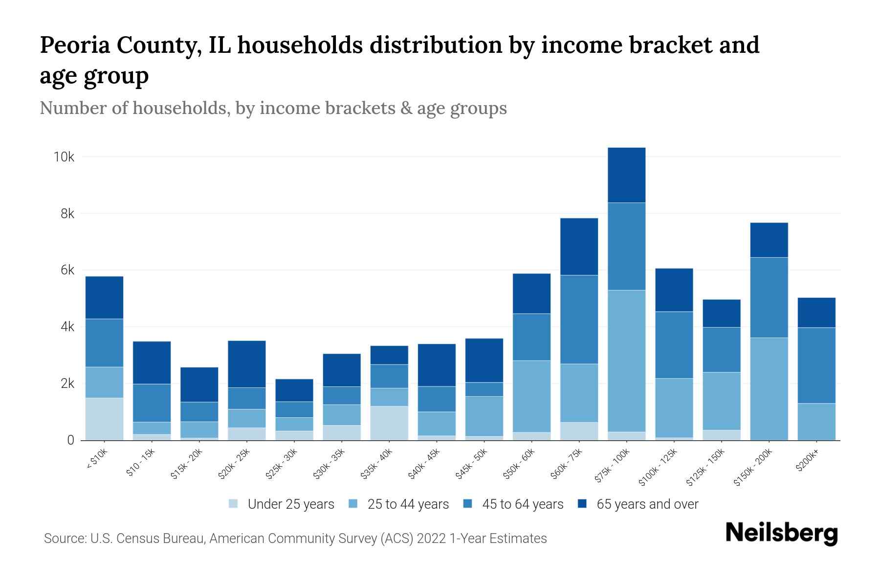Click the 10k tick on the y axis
click(64, 157)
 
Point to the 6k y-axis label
click(67, 271)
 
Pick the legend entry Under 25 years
click(291, 504)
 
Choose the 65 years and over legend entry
click(647, 504)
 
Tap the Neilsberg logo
click(782, 533)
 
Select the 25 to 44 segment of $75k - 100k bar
click(626, 361)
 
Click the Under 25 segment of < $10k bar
click(104, 419)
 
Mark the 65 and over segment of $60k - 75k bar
click(579, 247)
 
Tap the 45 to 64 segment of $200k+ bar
click(816, 365)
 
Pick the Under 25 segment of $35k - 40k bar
click(389, 423)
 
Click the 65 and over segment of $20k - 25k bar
click(247, 364)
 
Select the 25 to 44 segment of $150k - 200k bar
click(769, 389)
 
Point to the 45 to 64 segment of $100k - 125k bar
click(674, 345)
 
